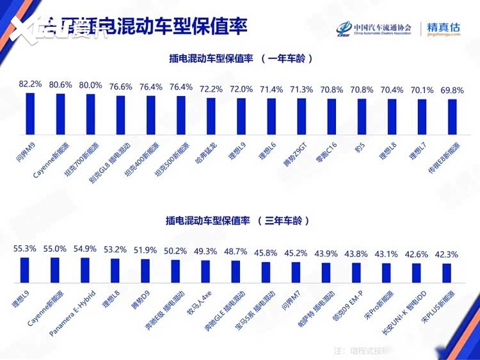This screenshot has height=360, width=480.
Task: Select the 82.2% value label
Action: pyautogui.click(x=30, y=84)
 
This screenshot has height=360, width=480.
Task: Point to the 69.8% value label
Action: pyautogui.click(x=452, y=90)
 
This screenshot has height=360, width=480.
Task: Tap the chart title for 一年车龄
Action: pyautogui.click(x=240, y=58)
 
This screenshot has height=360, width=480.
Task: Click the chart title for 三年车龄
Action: pyautogui.click(x=240, y=220)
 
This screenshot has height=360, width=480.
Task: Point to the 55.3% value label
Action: pyautogui.click(x=25, y=248)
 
